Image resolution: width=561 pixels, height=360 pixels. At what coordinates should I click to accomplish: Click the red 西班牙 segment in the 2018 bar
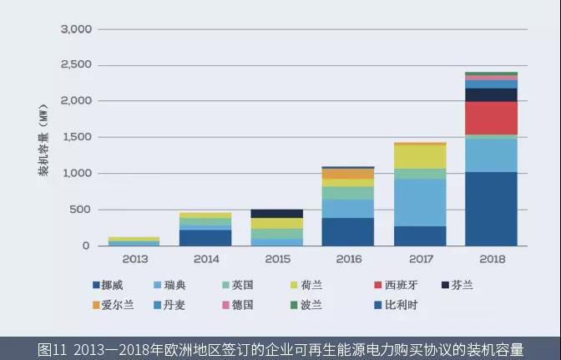tap(491, 118)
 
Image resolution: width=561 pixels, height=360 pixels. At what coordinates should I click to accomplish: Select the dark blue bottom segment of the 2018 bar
tap(491, 209)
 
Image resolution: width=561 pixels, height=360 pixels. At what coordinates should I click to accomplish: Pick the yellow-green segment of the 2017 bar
tap(420, 156)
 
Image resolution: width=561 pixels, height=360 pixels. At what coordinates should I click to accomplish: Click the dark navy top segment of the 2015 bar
tap(277, 214)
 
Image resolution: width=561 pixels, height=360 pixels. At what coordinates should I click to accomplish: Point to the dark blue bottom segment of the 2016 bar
tap(348, 231)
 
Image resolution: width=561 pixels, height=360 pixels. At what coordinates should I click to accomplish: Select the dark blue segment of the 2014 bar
tap(205, 237)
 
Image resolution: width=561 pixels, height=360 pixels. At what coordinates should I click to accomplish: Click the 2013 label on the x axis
tap(134, 259)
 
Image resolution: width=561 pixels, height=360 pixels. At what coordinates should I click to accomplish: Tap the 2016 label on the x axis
tap(348, 259)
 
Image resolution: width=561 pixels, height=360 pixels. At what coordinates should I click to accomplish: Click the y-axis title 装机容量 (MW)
tap(43, 138)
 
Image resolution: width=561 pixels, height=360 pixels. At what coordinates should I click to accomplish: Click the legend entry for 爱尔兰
tap(113, 305)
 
